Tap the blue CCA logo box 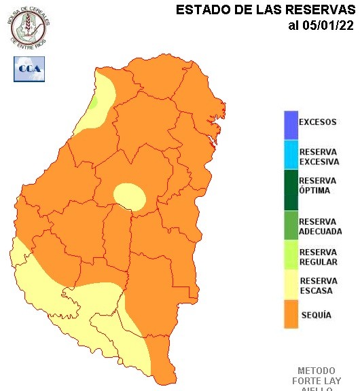click(x=29, y=69)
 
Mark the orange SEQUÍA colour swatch click(x=291, y=315)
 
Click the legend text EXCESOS click(x=317, y=123)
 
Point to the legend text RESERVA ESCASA click(x=316, y=286)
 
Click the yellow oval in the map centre click(x=129, y=196)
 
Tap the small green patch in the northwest click(x=94, y=101)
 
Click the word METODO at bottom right click(x=316, y=371)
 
